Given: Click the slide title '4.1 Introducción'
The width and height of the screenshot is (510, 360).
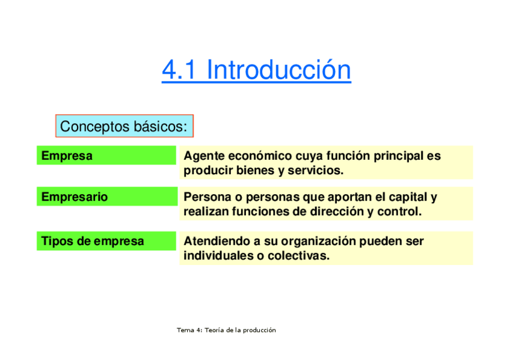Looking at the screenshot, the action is pyautogui.click(x=256, y=70).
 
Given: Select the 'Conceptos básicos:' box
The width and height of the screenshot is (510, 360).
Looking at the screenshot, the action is pyautogui.click(x=124, y=126).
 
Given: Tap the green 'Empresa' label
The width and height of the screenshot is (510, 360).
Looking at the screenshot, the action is pyautogui.click(x=106, y=155).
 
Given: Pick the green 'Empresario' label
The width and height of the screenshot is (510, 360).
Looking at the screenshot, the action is pyautogui.click(x=107, y=197).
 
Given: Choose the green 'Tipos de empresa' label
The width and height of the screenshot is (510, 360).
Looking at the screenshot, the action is pyautogui.click(x=106, y=241).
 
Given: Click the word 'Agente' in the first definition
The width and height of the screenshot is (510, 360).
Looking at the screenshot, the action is pyautogui.click(x=204, y=156).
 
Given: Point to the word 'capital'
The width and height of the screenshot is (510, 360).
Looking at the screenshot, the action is pyautogui.click(x=408, y=197).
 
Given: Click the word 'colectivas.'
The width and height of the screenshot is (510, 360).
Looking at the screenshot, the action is pyautogui.click(x=298, y=255).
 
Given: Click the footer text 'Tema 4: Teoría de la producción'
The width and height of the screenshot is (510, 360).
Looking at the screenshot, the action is pyautogui.click(x=226, y=330).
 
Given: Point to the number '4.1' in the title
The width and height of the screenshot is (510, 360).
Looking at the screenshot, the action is pyautogui.click(x=179, y=70).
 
